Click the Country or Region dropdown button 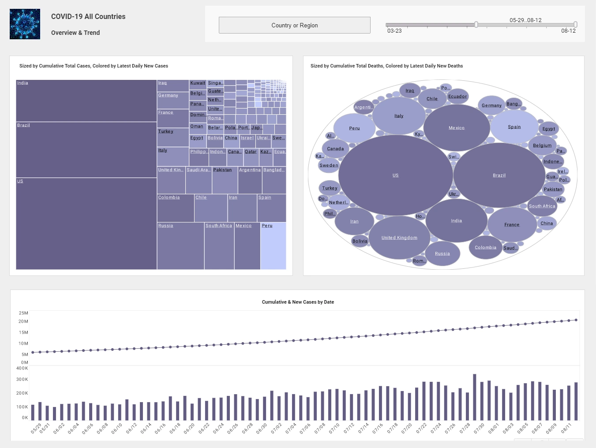(294, 25)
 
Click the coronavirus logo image (25, 24)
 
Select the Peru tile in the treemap (273, 246)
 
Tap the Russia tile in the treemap (180, 246)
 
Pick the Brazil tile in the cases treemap (86, 150)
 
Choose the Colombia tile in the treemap (176, 208)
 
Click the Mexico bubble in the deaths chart (457, 128)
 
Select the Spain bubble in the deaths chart (514, 127)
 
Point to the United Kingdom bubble (399, 237)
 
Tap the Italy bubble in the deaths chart (399, 116)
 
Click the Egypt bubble (549, 129)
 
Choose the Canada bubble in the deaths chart (335, 149)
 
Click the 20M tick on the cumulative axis (23, 321)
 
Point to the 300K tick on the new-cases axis (22, 379)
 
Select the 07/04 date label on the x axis (291, 428)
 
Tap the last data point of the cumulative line (576, 320)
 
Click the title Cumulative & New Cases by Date (298, 302)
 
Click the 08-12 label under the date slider (568, 31)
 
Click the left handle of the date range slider (476, 25)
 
